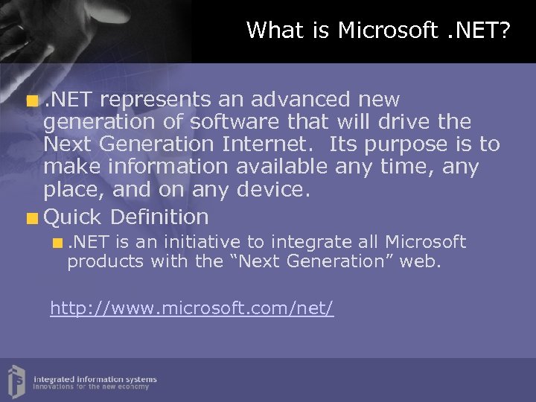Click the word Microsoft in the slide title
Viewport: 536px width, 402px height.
[x=388, y=31]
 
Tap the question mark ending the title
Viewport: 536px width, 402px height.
[x=505, y=31]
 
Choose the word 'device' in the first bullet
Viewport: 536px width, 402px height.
[x=273, y=189]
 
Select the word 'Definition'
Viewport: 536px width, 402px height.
[x=159, y=217]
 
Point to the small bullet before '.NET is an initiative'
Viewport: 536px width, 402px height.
[x=59, y=243]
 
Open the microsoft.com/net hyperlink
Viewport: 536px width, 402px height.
[x=192, y=307]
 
